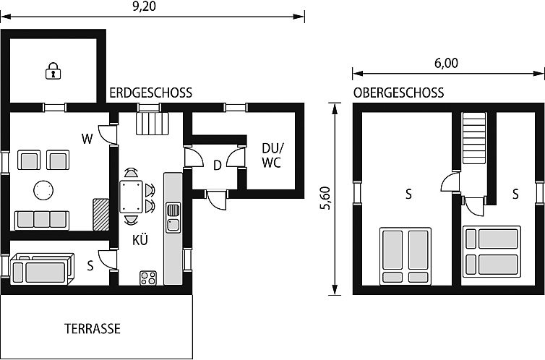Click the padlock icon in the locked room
click(52, 71)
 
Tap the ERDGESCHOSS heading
click(150, 93)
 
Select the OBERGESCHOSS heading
click(398, 93)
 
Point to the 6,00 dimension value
click(446, 63)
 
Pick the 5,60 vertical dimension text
click(325, 198)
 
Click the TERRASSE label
click(93, 328)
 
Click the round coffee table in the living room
click(43, 190)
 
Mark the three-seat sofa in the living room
click(41, 219)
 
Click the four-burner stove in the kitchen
click(149, 278)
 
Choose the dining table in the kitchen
click(132, 195)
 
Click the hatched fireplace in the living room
click(100, 213)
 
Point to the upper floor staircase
click(473, 139)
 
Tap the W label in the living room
click(87, 140)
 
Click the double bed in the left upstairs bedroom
click(405, 254)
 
